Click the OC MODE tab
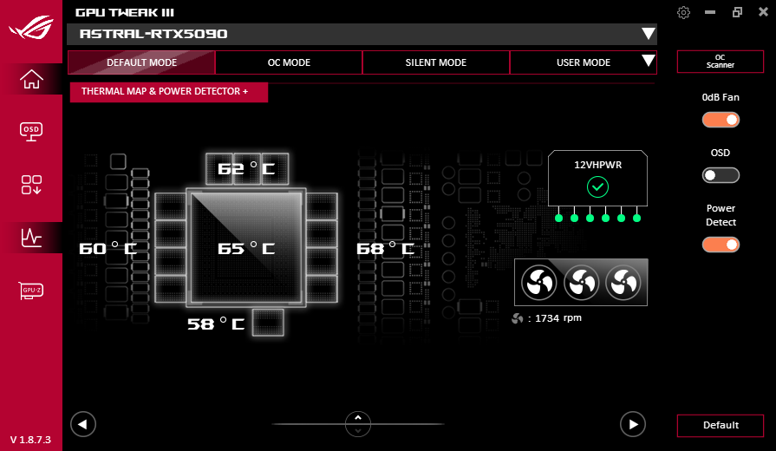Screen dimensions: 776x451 coord(289,62)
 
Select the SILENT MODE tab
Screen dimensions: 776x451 coord(435,62)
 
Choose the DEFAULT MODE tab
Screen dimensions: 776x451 coord(141,62)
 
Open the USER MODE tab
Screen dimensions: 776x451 coord(583,62)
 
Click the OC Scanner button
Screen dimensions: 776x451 coord(721,62)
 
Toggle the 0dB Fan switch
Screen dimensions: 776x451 coord(721,120)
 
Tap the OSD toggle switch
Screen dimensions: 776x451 coord(721,175)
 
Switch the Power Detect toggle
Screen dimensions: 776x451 coord(721,245)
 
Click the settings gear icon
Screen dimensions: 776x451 coord(683,12)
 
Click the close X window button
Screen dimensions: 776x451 coord(763,12)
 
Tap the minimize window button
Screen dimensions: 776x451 coord(710,12)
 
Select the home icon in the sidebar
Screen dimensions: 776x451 coord(31,79)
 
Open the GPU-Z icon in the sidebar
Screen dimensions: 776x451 coord(31,291)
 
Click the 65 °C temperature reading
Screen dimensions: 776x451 coord(246,248)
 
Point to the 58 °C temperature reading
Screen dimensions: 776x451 coord(216,324)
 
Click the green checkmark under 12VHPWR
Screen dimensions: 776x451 coord(597,187)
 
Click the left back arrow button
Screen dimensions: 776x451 coord(83,424)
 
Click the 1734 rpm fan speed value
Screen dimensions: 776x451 coord(558,317)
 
